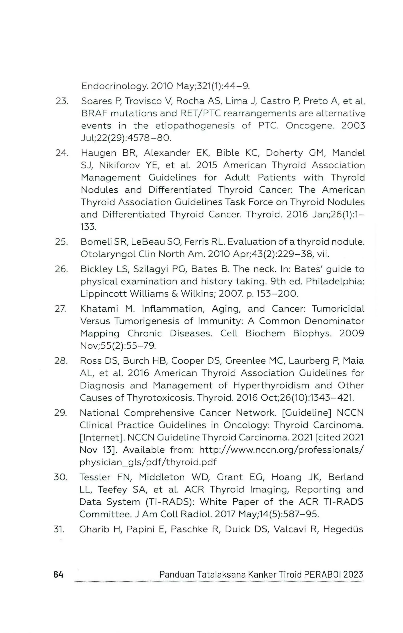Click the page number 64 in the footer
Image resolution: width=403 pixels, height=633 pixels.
click(58, 574)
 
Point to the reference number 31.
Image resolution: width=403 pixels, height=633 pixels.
click(59, 529)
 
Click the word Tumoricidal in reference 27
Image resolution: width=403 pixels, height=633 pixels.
click(338, 309)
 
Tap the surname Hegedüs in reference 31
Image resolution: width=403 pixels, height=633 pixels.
click(343, 529)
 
